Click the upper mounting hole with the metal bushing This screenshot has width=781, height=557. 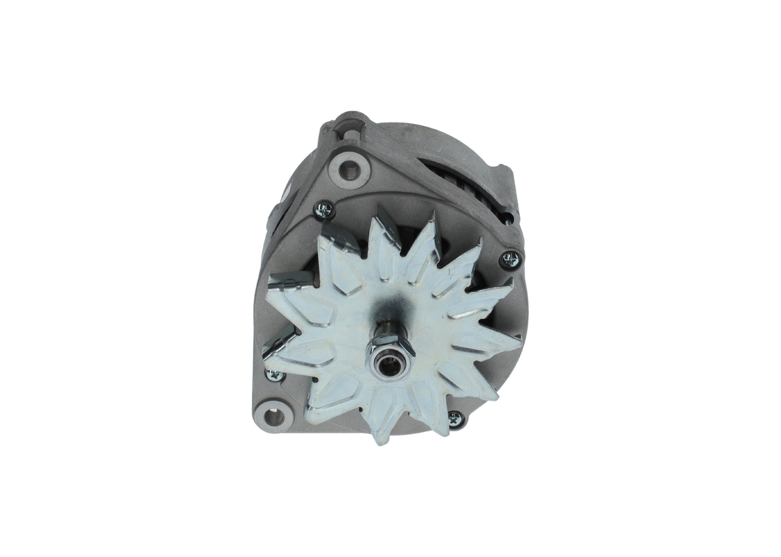pyautogui.click(x=349, y=170)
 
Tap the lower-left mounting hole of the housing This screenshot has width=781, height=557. pyautogui.click(x=273, y=417)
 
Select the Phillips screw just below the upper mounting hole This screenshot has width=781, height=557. pyautogui.click(x=324, y=210)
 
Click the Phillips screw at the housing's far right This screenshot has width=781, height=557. pyautogui.click(x=510, y=260)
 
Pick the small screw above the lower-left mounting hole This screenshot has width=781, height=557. pyautogui.click(x=275, y=375)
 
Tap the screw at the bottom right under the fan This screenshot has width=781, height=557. pyautogui.click(x=455, y=419)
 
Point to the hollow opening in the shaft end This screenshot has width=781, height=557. pyautogui.click(x=389, y=366)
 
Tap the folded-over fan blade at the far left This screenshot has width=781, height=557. pyautogui.click(x=290, y=280)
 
